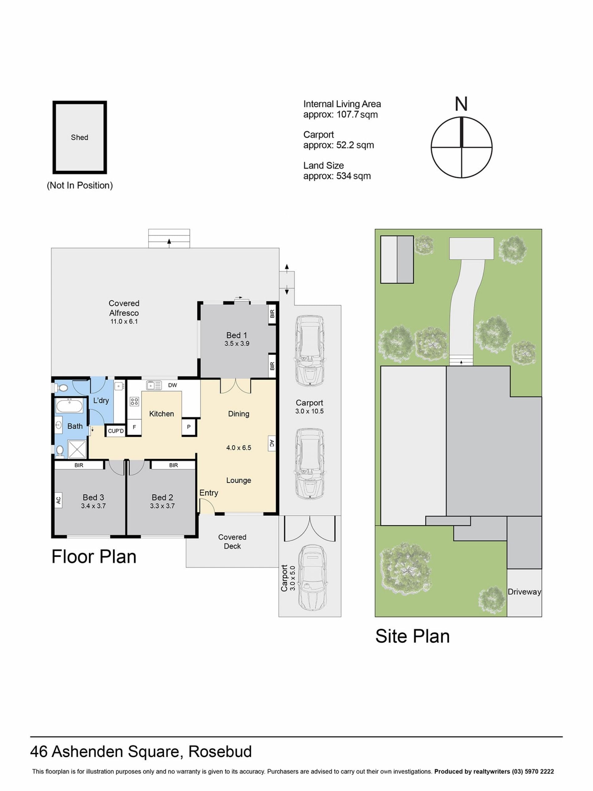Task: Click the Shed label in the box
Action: pos(79,137)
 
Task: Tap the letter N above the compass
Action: pos(461,104)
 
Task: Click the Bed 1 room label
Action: pos(236,335)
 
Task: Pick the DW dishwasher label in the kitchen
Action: pos(172,385)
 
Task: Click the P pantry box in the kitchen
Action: pos(189,427)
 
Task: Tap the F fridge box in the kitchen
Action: pos(134,427)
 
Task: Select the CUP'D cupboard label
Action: pos(116,431)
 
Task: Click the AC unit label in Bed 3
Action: pos(59,500)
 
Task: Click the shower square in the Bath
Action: pos(77,450)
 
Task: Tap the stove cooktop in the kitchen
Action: pos(134,401)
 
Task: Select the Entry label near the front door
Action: pos(209,493)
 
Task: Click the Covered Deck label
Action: pos(232,541)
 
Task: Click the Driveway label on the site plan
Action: pos(524,592)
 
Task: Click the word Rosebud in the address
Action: pos(220,751)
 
